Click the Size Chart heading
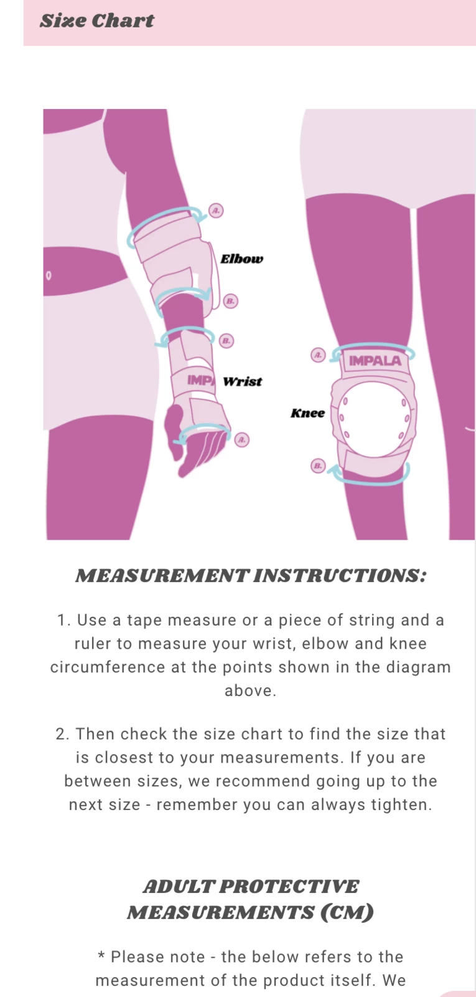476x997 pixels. click(97, 21)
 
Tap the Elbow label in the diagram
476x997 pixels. click(242, 259)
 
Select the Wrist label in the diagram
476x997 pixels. click(242, 381)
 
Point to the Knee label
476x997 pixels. click(307, 413)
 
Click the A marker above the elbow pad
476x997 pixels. click(216, 210)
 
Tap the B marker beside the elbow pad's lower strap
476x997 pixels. click(230, 302)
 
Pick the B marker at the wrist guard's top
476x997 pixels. click(226, 341)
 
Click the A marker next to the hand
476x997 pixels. click(242, 440)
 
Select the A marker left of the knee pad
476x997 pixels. click(318, 355)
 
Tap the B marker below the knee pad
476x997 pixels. click(318, 466)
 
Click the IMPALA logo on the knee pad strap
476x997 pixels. click(375, 361)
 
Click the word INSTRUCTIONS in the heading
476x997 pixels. click(340, 576)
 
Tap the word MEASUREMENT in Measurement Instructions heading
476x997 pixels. click(162, 576)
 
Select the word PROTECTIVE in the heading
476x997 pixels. click(289, 886)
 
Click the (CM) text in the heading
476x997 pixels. click(347, 913)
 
